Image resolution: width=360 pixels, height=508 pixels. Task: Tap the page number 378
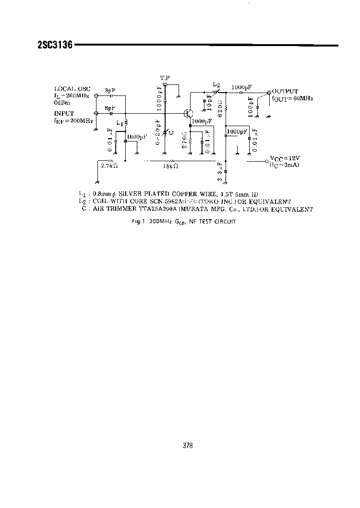187,446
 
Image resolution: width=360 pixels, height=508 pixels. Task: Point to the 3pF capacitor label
109,90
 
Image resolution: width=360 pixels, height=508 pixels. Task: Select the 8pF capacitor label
109,108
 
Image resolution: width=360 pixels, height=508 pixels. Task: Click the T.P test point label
165,78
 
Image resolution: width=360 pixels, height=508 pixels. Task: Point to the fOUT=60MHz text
292,98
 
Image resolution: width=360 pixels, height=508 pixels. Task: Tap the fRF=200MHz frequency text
73,121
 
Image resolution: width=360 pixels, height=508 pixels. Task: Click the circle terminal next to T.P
165,84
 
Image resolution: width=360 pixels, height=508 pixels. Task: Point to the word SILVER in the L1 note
132,194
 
